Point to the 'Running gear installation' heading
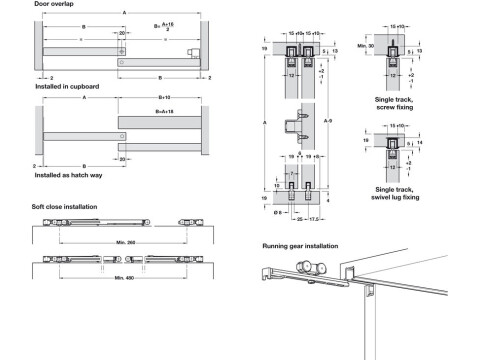click(x=300, y=245)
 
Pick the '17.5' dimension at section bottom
click(x=312, y=217)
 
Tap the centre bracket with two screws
click(x=298, y=128)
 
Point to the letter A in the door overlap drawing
click(x=123, y=12)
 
